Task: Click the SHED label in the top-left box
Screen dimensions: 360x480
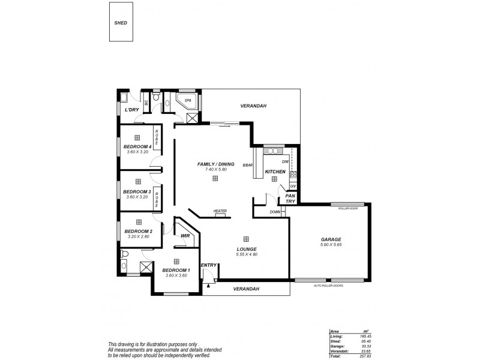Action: pyautogui.click(x=121, y=23)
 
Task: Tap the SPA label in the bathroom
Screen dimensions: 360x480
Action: pyautogui.click(x=187, y=100)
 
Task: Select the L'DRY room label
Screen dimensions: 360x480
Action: pyautogui.click(x=131, y=110)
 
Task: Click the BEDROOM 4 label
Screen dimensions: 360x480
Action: pyautogui.click(x=137, y=146)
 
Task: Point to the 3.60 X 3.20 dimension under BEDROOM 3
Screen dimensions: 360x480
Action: pyautogui.click(x=137, y=197)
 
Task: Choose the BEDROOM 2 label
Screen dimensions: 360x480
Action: pyautogui.click(x=138, y=231)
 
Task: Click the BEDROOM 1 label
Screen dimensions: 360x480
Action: pyautogui.click(x=176, y=270)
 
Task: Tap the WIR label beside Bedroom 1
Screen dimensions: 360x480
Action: pyautogui.click(x=185, y=236)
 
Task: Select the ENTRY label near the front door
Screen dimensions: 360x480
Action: pyautogui.click(x=208, y=265)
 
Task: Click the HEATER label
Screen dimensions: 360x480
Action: pyautogui.click(x=220, y=211)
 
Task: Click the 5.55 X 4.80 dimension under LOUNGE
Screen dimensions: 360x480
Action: pyautogui.click(x=246, y=254)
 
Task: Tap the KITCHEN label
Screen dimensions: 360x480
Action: pyautogui.click(x=275, y=172)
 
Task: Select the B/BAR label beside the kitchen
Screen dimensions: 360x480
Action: pyautogui.click(x=247, y=165)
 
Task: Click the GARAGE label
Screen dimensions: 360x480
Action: pyautogui.click(x=331, y=239)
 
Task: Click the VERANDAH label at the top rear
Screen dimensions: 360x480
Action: pyautogui.click(x=253, y=106)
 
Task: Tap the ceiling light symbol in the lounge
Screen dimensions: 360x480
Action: pyautogui.click(x=246, y=238)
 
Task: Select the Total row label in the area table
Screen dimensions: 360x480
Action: pyautogui.click(x=336, y=356)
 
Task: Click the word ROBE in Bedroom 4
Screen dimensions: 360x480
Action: pyautogui.click(x=157, y=137)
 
